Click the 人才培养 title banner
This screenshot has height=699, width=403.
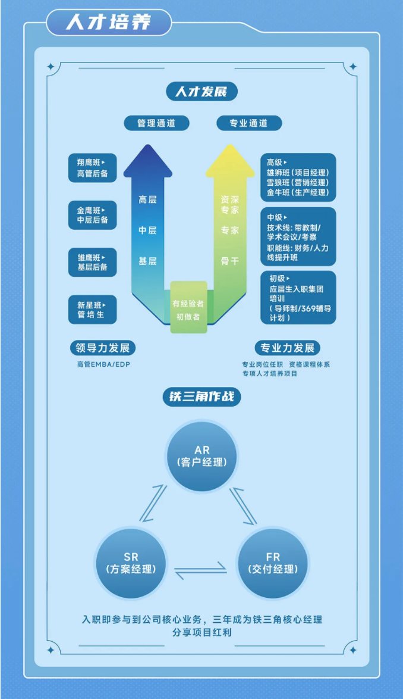109,22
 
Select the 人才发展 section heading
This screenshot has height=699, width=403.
201,92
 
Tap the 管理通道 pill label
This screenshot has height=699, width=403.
156,123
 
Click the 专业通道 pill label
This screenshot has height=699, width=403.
249,123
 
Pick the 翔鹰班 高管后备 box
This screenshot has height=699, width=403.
93,168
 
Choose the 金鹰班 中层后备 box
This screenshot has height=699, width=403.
93,216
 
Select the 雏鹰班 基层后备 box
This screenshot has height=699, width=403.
93,262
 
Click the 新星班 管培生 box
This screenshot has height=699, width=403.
93,310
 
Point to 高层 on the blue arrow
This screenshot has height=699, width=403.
147,199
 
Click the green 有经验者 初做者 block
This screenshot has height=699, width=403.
188,307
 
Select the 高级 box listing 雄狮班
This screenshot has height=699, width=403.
298,177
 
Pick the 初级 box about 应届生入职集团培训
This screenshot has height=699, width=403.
298,297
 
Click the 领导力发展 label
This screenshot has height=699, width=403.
103,348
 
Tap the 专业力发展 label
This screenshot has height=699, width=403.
287,348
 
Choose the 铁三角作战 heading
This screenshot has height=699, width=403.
201,397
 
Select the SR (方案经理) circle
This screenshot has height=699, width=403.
131,563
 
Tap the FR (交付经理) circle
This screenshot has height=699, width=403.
273,563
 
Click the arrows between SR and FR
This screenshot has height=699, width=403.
201,570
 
